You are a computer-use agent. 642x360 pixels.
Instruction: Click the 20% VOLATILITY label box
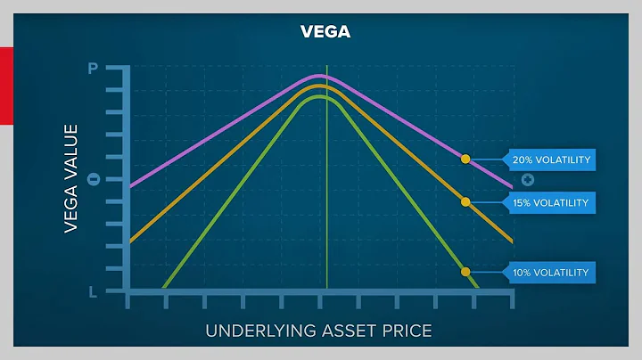[550, 160]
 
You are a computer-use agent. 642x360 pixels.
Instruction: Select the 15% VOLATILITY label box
[550, 203]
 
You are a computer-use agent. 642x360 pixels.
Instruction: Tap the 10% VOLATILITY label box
[550, 272]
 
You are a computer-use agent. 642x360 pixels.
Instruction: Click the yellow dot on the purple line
[465, 159]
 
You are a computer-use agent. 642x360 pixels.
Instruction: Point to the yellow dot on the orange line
[465, 202]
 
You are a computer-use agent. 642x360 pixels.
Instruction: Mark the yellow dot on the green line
[465, 271]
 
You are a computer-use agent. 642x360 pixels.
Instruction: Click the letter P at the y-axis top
[93, 69]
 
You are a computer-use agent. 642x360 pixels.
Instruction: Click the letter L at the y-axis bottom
[93, 291]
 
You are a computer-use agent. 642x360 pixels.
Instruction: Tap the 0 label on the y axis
[93, 180]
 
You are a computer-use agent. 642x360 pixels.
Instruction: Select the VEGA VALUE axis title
[71, 179]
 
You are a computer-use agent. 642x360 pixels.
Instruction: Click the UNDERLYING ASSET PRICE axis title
[318, 331]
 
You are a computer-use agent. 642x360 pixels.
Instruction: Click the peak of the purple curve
[321, 77]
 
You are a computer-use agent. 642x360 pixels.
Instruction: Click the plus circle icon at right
[528, 180]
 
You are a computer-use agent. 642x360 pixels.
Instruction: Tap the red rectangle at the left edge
[5, 86]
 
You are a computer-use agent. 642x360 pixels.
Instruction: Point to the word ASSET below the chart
[350, 331]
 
